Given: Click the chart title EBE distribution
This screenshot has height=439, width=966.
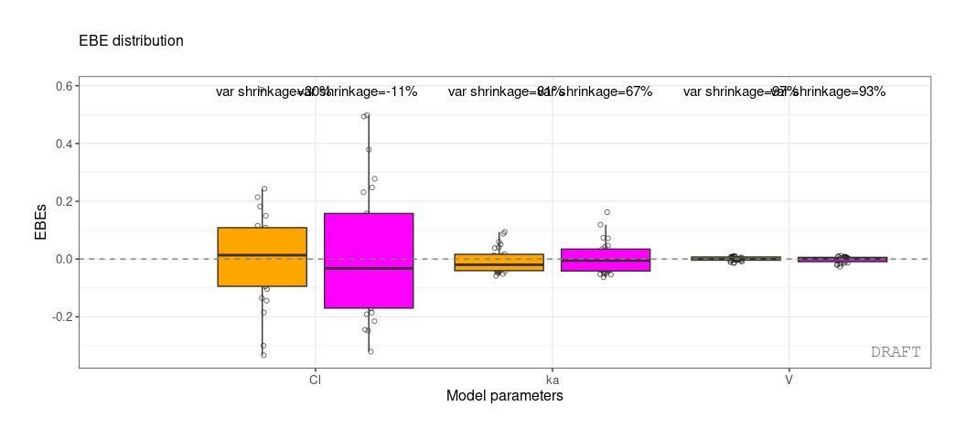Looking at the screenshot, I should click(x=131, y=41).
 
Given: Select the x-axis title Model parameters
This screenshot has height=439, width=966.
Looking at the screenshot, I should click(x=504, y=396).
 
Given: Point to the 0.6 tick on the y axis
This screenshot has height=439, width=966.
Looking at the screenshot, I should click(x=65, y=86).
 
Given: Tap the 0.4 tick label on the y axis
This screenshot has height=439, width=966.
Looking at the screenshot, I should click(x=65, y=144).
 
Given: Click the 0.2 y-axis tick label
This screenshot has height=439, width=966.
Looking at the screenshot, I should click(x=65, y=201).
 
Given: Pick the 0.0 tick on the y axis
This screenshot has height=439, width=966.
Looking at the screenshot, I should click(x=65, y=259).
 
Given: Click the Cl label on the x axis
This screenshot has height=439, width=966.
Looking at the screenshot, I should click(x=315, y=379).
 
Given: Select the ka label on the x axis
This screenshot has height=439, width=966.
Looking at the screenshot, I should click(x=552, y=379).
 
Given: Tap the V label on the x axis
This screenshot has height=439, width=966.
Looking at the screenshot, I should click(x=789, y=379).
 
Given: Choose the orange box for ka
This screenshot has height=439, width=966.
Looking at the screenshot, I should click(x=499, y=262).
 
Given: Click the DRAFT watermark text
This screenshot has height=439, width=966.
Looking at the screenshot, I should click(x=895, y=352).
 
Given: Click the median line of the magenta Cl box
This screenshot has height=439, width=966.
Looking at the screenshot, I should click(x=369, y=268).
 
